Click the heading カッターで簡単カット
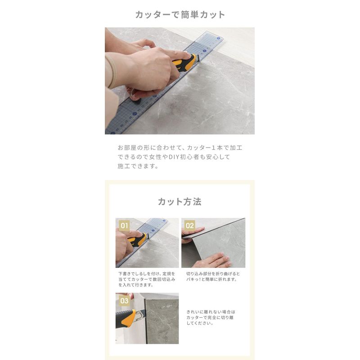tap(180, 15)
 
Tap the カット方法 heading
tap(180, 202)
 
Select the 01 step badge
tap(124, 225)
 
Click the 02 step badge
tap(189, 225)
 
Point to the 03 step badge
tap(124, 301)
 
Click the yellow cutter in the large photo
tap(185, 63)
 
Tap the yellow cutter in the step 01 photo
tap(137, 239)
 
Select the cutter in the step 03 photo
tap(130, 318)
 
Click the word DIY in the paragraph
tap(174, 157)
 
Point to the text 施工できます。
tap(138, 166)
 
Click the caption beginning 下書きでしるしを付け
tap(147, 279)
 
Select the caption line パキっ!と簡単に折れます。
tap(211, 279)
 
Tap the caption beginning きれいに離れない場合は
tap(211, 318)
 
